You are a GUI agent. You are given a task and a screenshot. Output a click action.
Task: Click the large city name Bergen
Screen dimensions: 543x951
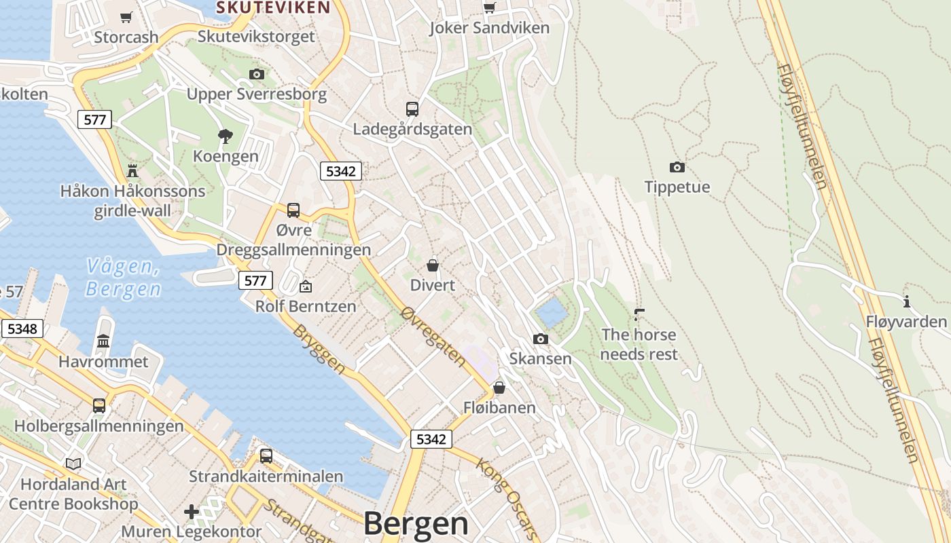tap(416, 524)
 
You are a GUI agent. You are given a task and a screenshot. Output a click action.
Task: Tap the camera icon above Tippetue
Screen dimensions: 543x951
tap(677, 167)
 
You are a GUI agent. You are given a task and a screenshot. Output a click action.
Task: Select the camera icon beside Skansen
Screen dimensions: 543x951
tap(540, 339)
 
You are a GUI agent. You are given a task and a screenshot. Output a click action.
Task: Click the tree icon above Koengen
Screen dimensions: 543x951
tap(226, 136)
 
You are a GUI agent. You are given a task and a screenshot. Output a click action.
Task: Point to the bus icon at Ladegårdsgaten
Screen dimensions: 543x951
tap(412, 109)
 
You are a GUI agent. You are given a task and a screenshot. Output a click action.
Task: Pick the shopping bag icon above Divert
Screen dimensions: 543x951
tap(432, 265)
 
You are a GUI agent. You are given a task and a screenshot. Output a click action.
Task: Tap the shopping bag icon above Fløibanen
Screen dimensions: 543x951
tap(499, 388)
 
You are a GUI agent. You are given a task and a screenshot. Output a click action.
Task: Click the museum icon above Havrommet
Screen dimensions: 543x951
tap(103, 341)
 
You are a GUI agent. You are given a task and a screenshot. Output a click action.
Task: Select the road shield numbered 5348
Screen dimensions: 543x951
tap(22, 329)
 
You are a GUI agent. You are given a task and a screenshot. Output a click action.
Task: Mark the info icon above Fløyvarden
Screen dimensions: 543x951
tap(906, 301)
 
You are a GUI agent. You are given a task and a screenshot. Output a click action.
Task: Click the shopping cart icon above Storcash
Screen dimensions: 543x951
tap(126, 17)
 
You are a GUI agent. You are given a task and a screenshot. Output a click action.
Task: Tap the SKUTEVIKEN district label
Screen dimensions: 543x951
tap(273, 7)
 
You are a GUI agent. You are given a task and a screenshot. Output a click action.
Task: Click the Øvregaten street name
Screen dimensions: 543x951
tap(433, 336)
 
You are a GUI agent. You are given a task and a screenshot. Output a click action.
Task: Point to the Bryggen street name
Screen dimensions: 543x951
tap(319, 348)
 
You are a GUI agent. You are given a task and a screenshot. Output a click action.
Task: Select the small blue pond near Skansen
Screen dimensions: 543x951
tap(551, 312)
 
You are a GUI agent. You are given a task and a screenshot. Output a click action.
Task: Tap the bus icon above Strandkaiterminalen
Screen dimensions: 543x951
tap(266, 455)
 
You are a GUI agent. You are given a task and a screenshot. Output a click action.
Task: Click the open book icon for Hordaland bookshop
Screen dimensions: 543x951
tap(73, 464)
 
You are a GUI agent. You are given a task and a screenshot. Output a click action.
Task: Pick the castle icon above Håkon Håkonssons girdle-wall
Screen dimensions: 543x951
tap(132, 170)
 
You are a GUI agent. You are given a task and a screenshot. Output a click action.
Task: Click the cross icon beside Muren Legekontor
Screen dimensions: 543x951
tap(192, 511)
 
